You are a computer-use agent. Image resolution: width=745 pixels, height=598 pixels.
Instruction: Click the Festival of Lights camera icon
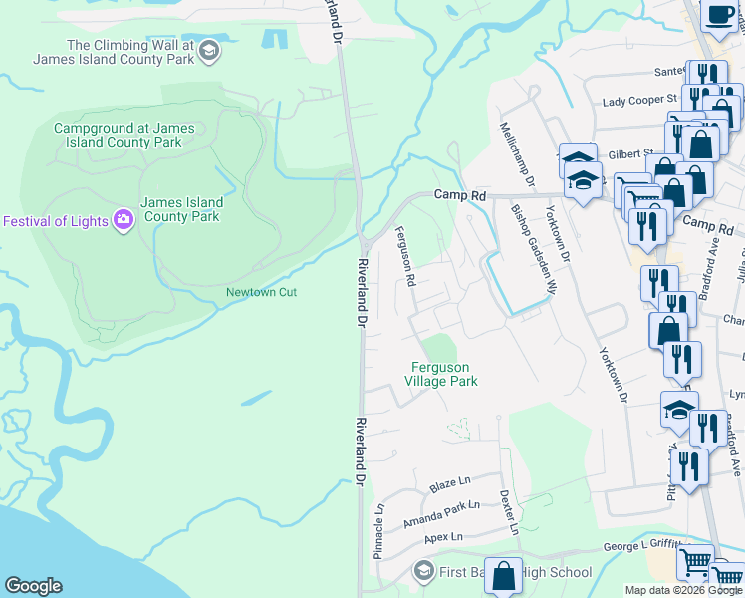click(x=124, y=220)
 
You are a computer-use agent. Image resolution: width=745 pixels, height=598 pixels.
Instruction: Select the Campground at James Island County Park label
click(x=118, y=135)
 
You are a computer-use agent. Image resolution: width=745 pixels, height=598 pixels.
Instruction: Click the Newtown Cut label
click(x=261, y=292)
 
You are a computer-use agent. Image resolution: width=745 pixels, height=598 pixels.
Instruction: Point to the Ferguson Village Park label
click(x=444, y=374)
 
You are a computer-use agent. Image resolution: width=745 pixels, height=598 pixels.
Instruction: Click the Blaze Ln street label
click(x=449, y=483)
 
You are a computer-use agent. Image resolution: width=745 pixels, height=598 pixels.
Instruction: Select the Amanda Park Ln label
click(x=441, y=514)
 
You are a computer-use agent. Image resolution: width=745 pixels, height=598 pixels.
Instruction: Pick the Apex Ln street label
click(x=444, y=537)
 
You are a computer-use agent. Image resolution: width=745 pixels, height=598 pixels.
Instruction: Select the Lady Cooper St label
click(x=639, y=101)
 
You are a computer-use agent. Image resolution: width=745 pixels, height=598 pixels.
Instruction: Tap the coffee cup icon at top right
click(x=719, y=14)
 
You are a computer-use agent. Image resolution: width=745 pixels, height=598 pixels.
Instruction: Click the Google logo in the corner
click(x=33, y=586)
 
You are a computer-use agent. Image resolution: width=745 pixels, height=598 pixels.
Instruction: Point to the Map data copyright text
click(x=683, y=590)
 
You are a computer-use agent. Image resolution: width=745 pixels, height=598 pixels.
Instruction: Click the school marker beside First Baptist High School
click(x=423, y=572)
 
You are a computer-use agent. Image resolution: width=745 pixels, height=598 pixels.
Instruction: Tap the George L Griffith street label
click(x=642, y=544)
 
